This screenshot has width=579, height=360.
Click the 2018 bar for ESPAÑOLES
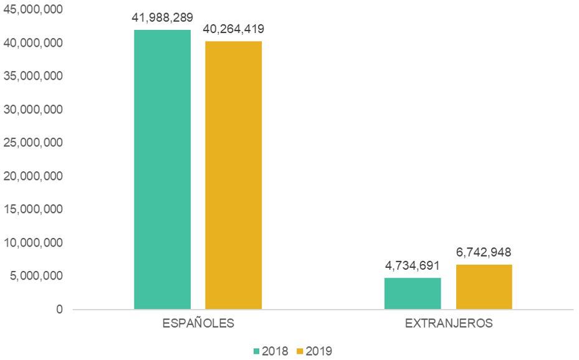click(162, 169)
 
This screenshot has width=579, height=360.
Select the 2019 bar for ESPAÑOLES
click(234, 175)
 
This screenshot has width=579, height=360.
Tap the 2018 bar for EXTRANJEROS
click(413, 293)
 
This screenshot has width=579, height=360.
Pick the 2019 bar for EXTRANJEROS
click(484, 287)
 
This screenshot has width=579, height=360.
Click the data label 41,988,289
click(162, 17)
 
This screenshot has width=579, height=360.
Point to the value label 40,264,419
click(234, 29)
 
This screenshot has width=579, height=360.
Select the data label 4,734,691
click(413, 265)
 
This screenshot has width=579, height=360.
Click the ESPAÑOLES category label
click(198, 324)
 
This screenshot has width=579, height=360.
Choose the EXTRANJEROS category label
click(449, 324)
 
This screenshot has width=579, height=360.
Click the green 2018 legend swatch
click(257, 351)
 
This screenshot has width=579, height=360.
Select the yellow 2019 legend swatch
click(300, 351)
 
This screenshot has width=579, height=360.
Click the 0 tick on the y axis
click(59, 310)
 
